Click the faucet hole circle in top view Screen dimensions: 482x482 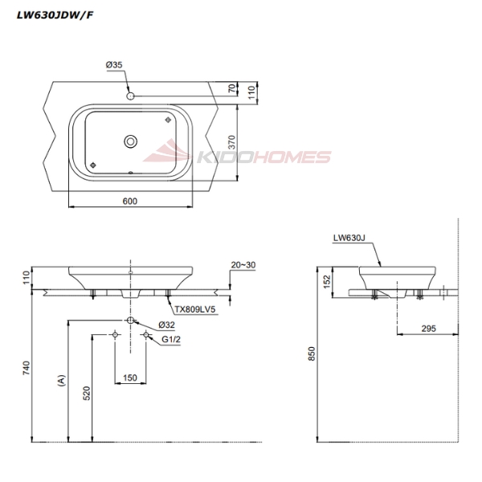click(130, 96)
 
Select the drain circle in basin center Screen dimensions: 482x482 click(129, 141)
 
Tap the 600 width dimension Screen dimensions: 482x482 click(129, 201)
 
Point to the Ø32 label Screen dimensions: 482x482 click(166, 325)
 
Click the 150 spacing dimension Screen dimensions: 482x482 click(129, 377)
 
